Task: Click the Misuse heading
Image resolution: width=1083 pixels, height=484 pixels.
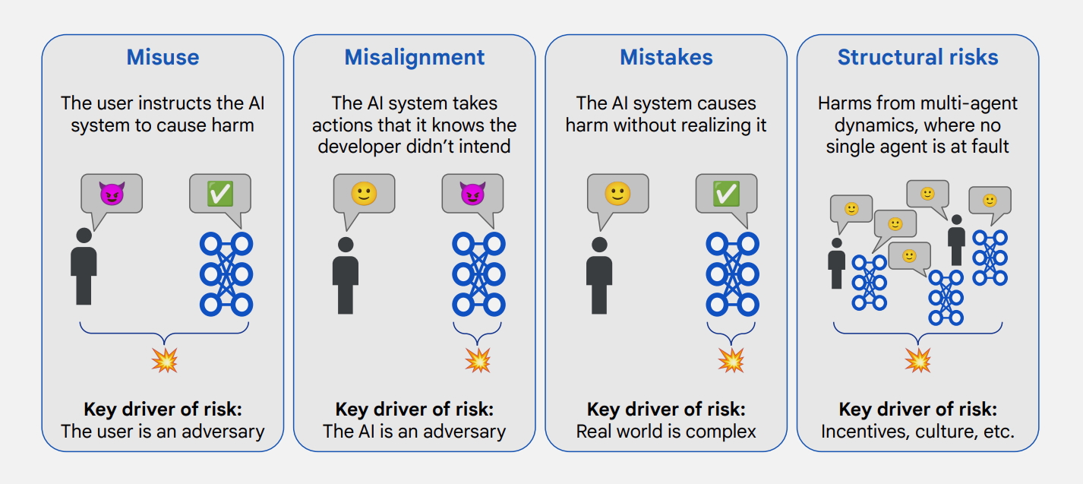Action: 163,57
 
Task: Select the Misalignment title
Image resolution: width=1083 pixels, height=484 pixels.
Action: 415,58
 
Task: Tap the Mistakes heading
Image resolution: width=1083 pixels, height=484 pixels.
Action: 666,57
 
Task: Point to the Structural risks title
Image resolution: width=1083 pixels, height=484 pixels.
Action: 917,57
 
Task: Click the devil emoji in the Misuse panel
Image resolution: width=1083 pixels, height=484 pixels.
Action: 112,194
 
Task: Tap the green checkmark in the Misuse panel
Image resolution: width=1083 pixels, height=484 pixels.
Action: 220,194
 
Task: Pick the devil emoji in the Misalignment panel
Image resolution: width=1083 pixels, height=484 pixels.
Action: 472,194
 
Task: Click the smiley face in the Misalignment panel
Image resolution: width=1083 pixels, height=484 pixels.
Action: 364,194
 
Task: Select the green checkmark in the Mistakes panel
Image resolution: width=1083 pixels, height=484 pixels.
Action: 726,194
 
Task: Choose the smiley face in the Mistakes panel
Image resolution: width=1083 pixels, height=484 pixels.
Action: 617,194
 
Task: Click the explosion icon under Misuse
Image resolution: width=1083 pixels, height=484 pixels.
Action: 164,361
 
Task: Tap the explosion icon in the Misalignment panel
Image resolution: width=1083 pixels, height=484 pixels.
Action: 478,361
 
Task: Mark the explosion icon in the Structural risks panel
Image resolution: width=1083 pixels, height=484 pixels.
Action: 917,361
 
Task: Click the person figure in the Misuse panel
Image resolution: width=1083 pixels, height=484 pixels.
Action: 84,267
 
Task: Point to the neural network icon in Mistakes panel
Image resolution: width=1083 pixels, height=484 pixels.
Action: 732,274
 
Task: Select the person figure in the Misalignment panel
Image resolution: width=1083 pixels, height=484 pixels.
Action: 346,276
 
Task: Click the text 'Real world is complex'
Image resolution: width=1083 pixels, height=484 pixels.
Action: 666,432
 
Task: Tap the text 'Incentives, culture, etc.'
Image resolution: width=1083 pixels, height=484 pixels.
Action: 917,432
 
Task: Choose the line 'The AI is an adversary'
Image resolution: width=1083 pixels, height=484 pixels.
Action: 415,432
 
